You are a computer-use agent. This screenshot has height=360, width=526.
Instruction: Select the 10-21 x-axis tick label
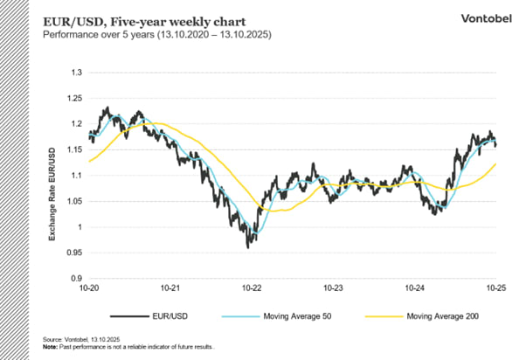(170, 287)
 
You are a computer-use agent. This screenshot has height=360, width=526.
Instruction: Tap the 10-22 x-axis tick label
(252, 287)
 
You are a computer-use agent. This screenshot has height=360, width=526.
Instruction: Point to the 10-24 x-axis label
(414, 287)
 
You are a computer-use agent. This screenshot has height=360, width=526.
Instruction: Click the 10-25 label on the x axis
(495, 287)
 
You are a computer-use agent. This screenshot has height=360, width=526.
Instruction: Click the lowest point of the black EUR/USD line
(248, 247)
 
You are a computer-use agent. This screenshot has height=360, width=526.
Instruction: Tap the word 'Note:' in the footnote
(51, 347)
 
